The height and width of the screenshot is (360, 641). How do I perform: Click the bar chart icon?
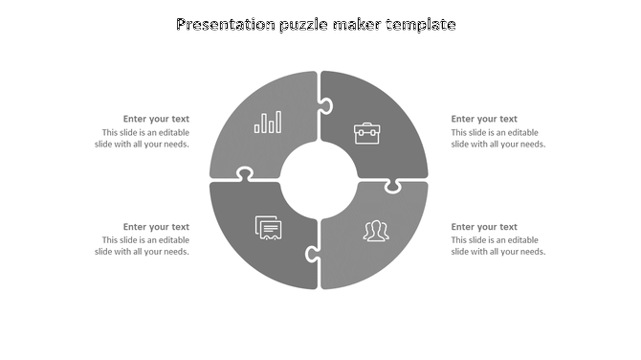268,122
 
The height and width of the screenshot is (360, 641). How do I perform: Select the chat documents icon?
269,228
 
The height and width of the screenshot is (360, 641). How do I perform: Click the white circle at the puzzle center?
319,180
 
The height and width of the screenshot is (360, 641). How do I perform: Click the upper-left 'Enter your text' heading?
156,120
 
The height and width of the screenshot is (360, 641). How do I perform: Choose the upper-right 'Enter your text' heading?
484,120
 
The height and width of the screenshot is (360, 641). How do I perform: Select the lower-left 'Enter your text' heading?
156,227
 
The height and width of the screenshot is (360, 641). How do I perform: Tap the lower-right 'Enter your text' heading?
484,227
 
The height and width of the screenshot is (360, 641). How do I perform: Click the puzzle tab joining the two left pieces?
245,174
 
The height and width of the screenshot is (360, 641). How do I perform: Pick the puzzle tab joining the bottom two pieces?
312,254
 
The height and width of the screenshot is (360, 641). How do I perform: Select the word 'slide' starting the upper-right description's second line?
462,145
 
